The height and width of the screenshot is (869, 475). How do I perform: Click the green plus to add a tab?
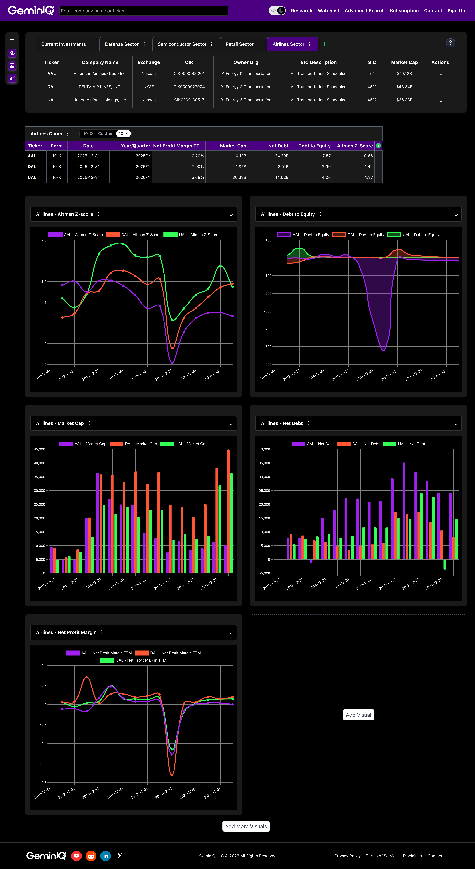point(325,44)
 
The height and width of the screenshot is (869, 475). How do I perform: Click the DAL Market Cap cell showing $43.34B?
point(404,87)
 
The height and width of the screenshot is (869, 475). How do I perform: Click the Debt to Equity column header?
point(314,146)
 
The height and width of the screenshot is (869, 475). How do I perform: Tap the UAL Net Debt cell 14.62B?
point(281,177)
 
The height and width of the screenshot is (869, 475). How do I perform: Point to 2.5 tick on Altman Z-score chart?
point(44,240)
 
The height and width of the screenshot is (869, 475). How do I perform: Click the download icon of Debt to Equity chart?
point(456,214)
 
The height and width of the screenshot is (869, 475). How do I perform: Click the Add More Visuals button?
point(246,826)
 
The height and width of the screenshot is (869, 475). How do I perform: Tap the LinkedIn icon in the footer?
point(106,856)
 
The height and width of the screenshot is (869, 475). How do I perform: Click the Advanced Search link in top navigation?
point(364,10)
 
